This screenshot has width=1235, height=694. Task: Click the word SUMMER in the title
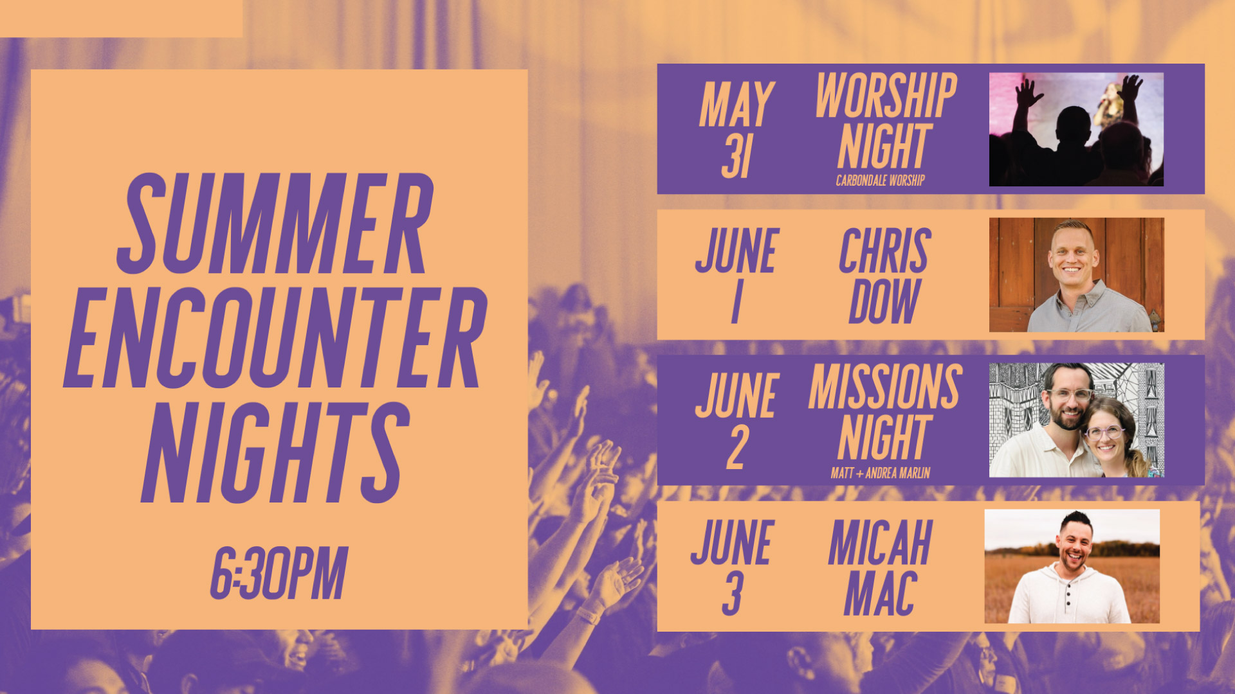click(275, 224)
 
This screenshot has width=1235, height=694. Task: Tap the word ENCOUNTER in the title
click(275, 337)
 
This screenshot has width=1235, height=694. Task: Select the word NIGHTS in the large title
click(275, 452)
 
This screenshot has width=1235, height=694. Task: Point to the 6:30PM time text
click(279, 573)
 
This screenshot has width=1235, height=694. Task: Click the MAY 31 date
click(737, 130)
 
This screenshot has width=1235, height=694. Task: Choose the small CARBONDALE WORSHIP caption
click(880, 181)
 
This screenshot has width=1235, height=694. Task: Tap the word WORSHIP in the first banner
click(886, 96)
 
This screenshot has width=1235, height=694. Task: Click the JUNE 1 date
click(737, 275)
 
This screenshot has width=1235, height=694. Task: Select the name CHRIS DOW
click(885, 275)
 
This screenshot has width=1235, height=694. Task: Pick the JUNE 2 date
click(737, 421)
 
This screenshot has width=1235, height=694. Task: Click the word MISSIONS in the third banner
click(885, 387)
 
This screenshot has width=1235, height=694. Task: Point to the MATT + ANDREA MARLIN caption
click(880, 474)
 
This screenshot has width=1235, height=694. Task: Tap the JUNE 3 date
click(732, 567)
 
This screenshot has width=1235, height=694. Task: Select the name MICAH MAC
click(880, 567)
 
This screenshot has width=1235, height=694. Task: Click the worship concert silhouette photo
click(1076, 129)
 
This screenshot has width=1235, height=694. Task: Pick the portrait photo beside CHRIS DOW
click(1076, 275)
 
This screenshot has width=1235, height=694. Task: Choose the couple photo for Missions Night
click(1076, 420)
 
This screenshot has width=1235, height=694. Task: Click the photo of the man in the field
click(1072, 566)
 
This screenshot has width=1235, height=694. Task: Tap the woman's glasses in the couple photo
click(1104, 432)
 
